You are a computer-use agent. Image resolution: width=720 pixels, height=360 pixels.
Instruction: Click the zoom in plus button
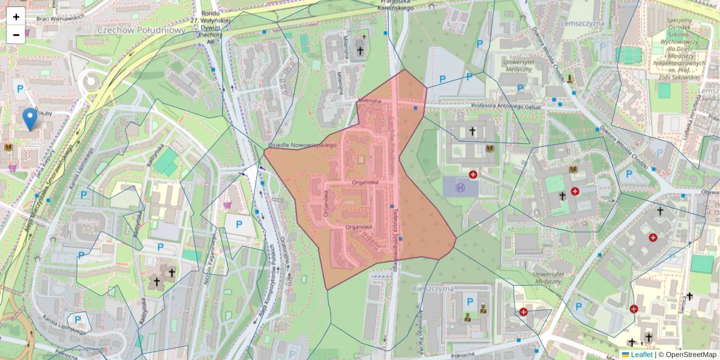pos(16,17)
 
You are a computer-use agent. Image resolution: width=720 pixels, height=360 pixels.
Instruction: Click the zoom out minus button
pos(16,34)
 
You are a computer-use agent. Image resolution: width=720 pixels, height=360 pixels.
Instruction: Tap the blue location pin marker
pos(29,118)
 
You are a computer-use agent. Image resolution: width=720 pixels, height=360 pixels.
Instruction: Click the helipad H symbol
pos(461,187)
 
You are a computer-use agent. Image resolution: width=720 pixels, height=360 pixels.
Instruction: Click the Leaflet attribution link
pos(641,355)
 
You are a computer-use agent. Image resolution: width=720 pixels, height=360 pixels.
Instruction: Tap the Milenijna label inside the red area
pos(370,101)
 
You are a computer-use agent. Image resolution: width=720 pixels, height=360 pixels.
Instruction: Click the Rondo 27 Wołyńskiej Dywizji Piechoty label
pos(211,28)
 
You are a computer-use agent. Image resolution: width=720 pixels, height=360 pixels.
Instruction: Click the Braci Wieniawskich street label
pos(60,17)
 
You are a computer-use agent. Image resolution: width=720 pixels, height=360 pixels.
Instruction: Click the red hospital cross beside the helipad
pos(473,175)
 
